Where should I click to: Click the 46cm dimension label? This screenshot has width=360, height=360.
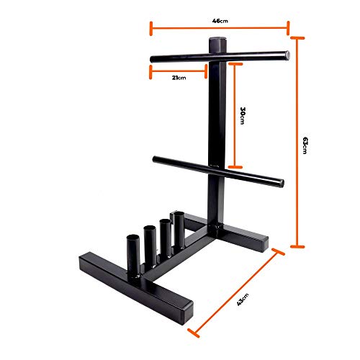click(220, 22)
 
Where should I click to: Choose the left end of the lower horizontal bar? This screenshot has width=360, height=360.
click(155, 159)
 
